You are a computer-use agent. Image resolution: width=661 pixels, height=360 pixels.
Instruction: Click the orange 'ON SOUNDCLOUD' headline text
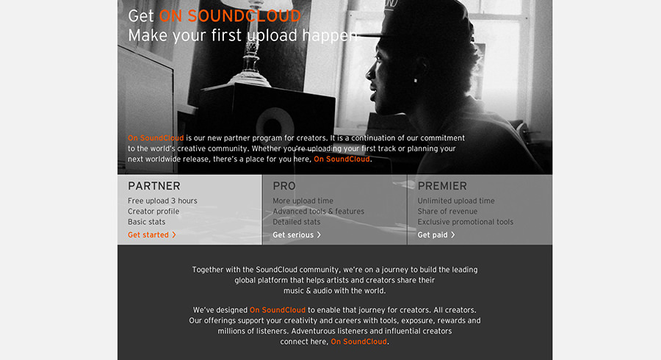point(230,16)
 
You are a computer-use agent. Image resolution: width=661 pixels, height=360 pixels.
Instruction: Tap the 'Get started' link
point(148,235)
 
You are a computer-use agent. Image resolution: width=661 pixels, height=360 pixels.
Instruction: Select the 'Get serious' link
point(293,235)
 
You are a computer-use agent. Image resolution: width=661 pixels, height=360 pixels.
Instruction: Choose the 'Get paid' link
point(433,235)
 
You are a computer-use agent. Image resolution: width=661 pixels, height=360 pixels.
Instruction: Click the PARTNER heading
point(154,186)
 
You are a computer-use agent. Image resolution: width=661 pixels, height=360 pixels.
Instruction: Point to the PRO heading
point(284,186)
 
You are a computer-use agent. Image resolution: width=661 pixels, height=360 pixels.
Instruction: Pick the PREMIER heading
point(442,186)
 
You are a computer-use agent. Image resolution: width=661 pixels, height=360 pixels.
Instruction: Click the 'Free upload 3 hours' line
point(162,201)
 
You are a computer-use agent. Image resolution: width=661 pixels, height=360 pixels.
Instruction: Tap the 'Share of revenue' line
point(447,212)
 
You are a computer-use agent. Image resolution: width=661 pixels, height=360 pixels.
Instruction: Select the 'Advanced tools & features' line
point(318,212)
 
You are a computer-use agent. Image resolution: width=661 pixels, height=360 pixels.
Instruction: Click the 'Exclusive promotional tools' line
point(466,222)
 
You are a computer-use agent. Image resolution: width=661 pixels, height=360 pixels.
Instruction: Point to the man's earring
point(415,81)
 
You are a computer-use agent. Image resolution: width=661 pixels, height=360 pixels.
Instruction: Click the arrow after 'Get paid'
point(452,235)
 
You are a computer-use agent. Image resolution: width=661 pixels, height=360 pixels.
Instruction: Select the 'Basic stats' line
point(146,222)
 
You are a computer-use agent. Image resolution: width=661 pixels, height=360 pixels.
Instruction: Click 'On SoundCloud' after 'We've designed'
point(278,310)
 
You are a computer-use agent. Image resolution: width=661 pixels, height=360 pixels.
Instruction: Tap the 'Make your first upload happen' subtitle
point(243,35)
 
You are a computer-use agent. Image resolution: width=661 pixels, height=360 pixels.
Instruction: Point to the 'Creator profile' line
point(153,212)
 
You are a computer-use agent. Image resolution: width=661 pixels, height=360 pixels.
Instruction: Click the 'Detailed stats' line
point(297,222)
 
